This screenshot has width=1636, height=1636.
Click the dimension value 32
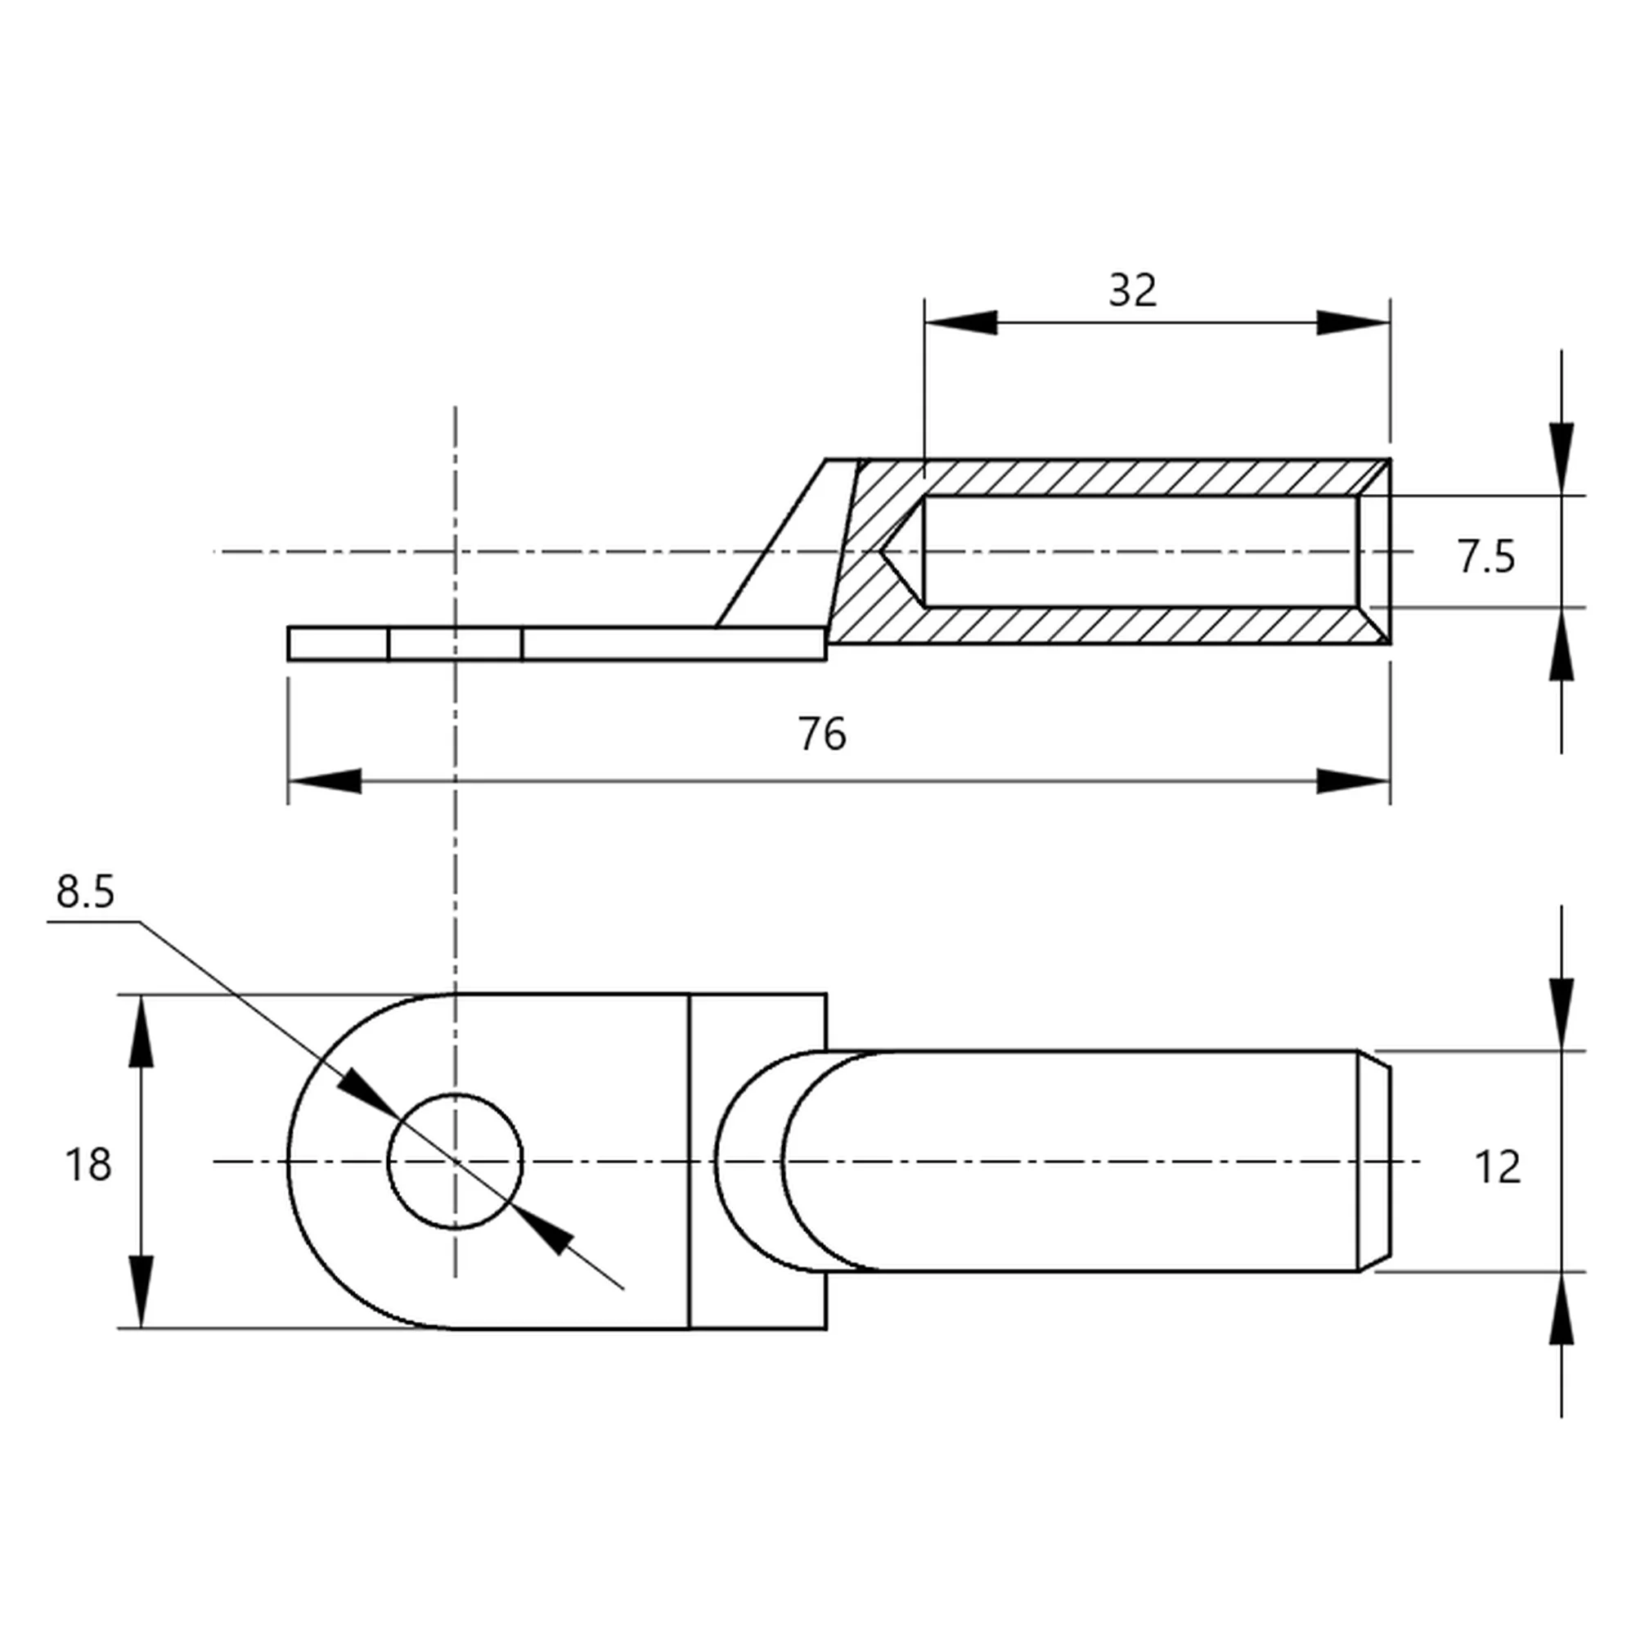(x=1132, y=290)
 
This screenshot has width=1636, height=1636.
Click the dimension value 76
(x=821, y=733)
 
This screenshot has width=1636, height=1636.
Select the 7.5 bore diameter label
(x=1486, y=556)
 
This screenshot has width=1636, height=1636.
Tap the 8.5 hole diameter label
(x=86, y=892)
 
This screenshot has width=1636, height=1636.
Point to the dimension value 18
(x=88, y=1164)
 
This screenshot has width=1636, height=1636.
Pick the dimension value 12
(x=1497, y=1167)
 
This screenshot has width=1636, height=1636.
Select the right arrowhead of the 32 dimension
(x=1353, y=322)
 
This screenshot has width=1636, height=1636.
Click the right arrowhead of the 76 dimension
(x=1353, y=780)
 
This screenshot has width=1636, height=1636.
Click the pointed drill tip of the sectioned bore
(x=885, y=552)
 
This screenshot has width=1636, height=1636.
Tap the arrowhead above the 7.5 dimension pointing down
(x=1562, y=459)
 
